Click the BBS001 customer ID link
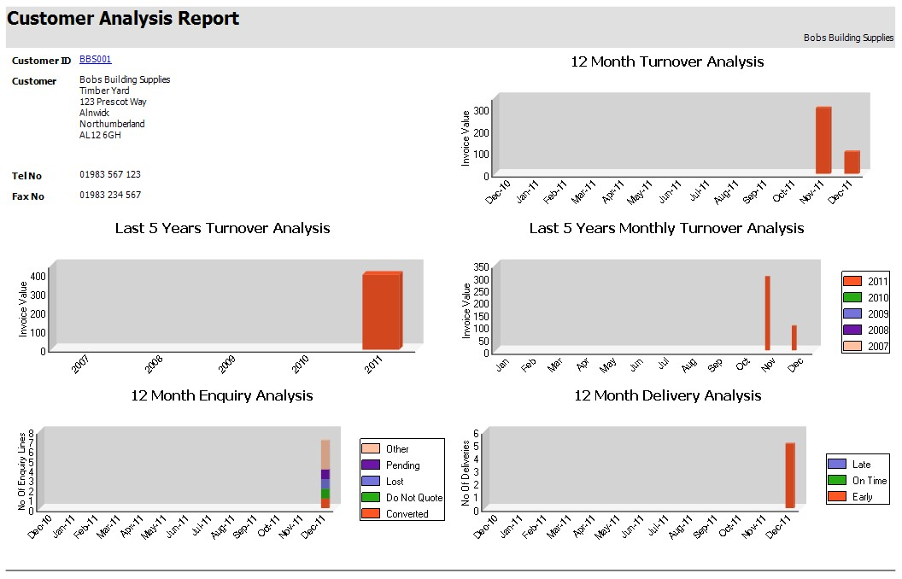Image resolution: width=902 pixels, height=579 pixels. [x=95, y=60]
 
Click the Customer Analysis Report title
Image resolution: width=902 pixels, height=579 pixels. [x=123, y=19]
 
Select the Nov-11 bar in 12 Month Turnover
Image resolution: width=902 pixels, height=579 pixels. [x=823, y=140]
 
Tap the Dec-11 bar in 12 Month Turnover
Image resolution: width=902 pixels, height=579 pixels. [x=852, y=162]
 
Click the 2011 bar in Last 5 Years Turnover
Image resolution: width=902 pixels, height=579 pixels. [x=382, y=311]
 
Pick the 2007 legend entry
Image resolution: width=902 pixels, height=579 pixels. [x=866, y=347]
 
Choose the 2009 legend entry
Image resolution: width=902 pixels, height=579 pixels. [x=866, y=313]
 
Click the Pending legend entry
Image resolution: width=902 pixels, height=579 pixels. [x=402, y=465]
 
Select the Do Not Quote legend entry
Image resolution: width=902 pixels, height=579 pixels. [x=402, y=498]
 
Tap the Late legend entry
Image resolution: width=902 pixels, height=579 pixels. [x=858, y=464]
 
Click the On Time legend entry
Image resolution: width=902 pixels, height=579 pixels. [x=858, y=480]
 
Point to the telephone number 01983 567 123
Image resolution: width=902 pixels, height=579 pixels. [x=110, y=174]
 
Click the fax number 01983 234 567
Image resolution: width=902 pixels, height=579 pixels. [x=110, y=195]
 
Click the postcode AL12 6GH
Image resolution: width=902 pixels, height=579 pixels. [x=100, y=135]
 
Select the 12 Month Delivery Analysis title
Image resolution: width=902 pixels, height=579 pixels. [x=667, y=395]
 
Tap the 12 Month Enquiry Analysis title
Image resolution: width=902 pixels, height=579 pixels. [x=222, y=395]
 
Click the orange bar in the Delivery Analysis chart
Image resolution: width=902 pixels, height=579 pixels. [x=790, y=476]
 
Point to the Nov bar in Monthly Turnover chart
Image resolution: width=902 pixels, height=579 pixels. [x=767, y=313]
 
